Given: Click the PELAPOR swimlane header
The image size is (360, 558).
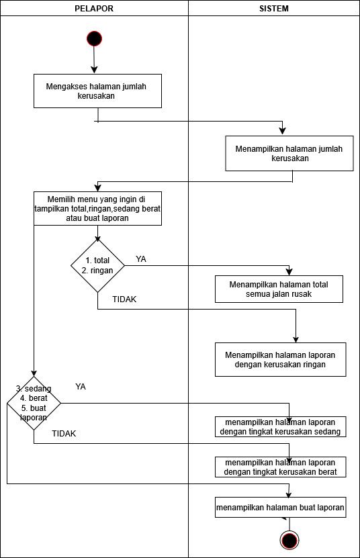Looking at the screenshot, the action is pyautogui.click(x=94, y=8).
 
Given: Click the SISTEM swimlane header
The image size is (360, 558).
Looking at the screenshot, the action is pyautogui.click(x=274, y=8).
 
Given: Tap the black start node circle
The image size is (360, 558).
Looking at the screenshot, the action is pyautogui.click(x=94, y=38).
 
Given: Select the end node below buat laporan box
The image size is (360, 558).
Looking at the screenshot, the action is pyautogui.click(x=289, y=541).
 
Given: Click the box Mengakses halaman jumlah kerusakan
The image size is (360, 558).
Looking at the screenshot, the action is pyautogui.click(x=97, y=91).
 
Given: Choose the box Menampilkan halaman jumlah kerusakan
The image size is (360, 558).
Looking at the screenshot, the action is pyautogui.click(x=289, y=153).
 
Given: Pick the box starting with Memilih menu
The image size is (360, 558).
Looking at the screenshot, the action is pyautogui.click(x=97, y=209).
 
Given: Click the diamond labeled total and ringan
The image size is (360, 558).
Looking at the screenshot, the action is pyautogui.click(x=97, y=265).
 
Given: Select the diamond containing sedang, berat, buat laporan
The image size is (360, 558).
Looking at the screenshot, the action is pyautogui.click(x=34, y=403).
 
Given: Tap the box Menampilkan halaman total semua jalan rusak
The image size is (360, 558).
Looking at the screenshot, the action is pyautogui.click(x=279, y=289).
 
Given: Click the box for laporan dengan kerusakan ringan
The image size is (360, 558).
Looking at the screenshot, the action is pyautogui.click(x=280, y=359).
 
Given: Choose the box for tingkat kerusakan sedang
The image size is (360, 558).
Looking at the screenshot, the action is pyautogui.click(x=280, y=426).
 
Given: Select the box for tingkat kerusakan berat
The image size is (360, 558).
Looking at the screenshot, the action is pyautogui.click(x=280, y=467).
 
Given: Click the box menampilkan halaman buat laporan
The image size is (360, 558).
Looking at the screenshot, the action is pyautogui.click(x=280, y=507).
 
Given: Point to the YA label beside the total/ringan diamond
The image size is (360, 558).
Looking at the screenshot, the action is pyautogui.click(x=141, y=259).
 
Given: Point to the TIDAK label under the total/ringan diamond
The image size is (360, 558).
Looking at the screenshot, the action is pyautogui.click(x=124, y=299).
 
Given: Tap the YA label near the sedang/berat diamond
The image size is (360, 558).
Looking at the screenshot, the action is pyautogui.click(x=81, y=387).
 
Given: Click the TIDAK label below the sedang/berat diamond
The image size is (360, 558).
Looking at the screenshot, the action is pyautogui.click(x=64, y=434).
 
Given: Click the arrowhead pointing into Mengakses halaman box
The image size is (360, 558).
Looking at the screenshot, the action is pyautogui.click(x=94, y=70).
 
